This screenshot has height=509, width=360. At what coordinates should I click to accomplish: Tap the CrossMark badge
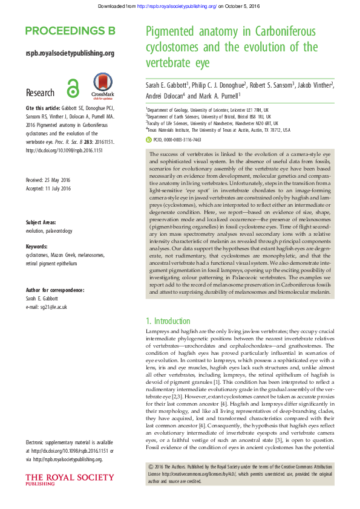click(101, 86)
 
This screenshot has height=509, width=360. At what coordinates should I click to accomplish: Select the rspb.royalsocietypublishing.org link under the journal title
click(70, 54)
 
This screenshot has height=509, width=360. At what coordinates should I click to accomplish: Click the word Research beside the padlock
click(40, 92)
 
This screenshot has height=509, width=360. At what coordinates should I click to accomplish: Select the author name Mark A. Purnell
click(219, 96)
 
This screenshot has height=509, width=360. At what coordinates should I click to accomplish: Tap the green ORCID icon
click(149, 139)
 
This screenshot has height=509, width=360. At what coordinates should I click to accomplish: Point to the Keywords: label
click(38, 246)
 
